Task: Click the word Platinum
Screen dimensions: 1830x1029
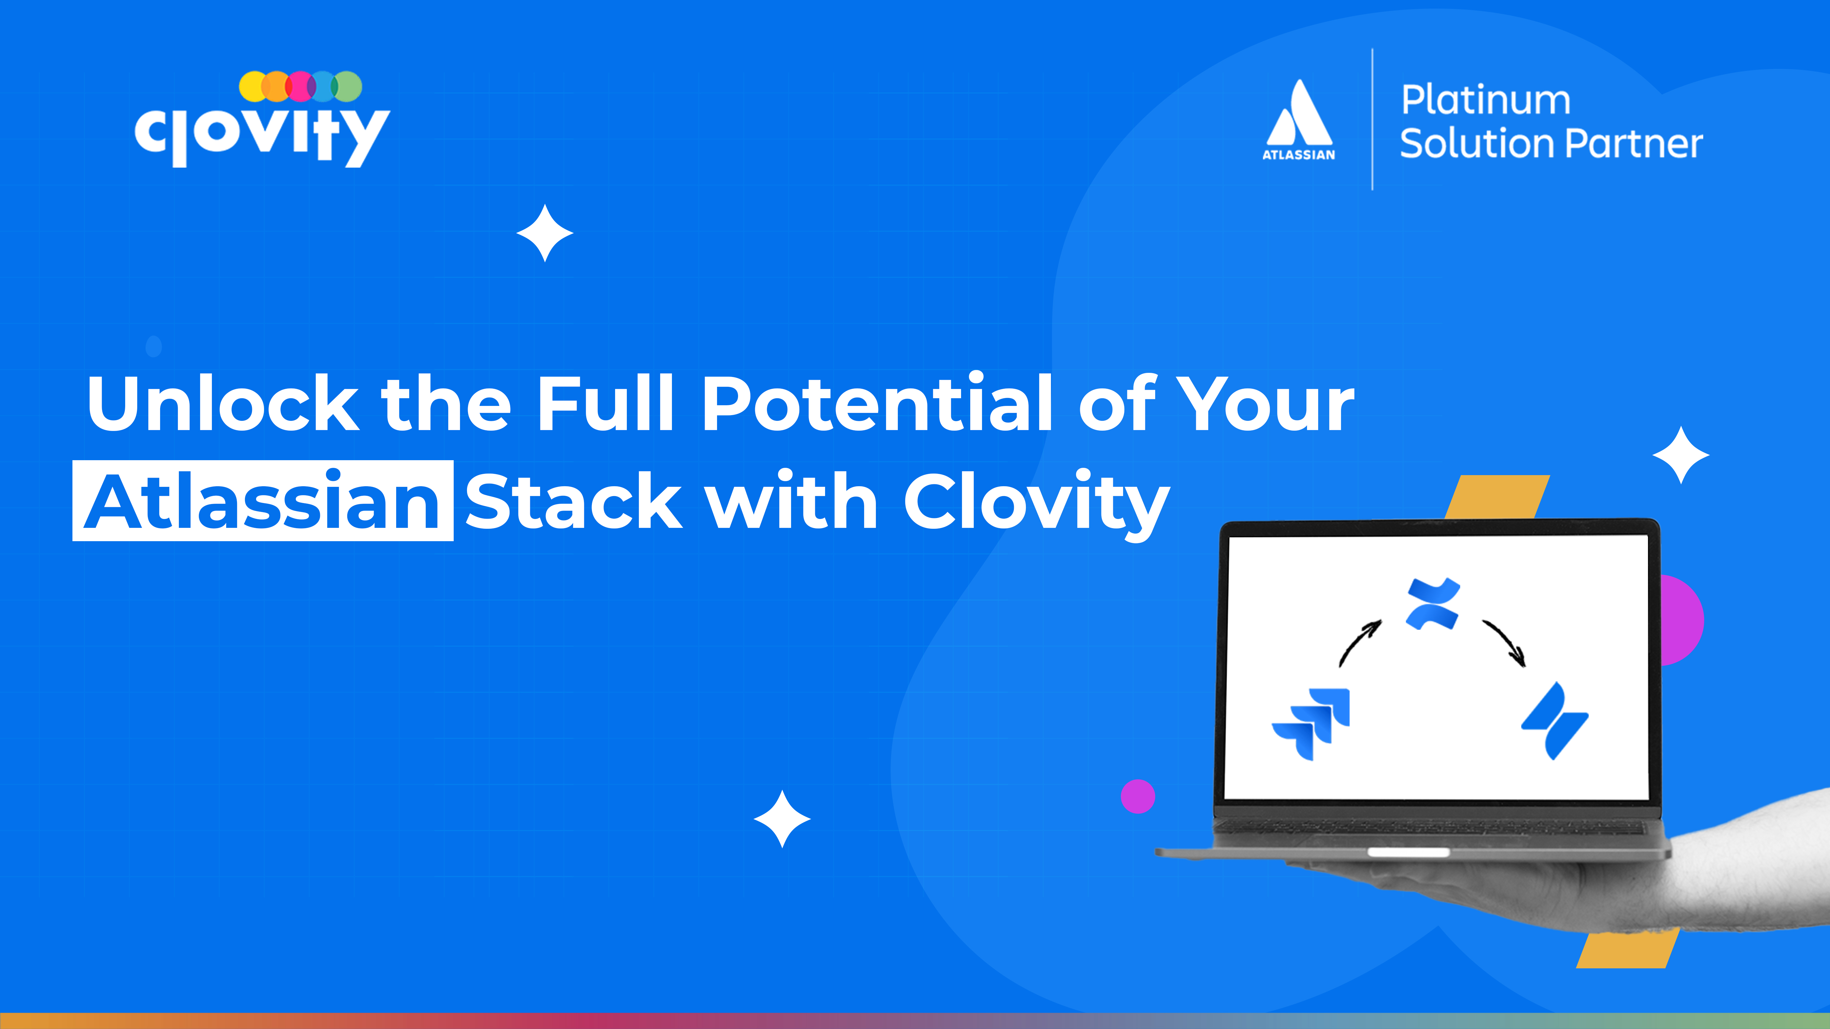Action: point(1486,100)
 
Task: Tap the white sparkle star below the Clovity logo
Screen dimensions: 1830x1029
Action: point(545,233)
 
